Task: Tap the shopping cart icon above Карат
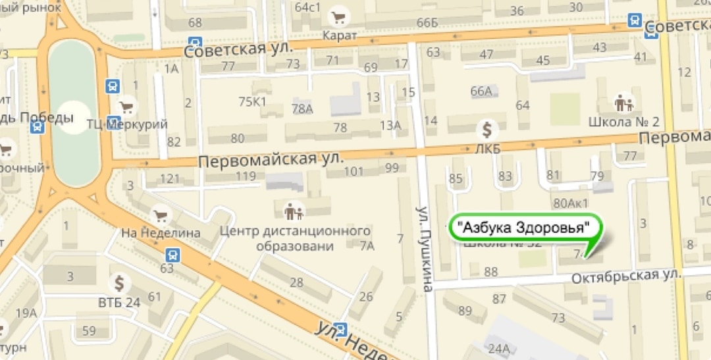click(x=340, y=16)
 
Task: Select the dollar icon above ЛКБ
click(x=488, y=129)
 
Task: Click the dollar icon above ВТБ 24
click(x=119, y=284)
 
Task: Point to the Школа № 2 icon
click(x=623, y=103)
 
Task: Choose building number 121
click(x=170, y=178)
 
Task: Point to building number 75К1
click(x=252, y=101)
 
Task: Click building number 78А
click(x=302, y=109)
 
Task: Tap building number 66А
click(x=482, y=91)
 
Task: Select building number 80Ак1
click(x=571, y=203)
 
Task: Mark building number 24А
click(x=499, y=347)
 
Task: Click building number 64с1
click(x=307, y=8)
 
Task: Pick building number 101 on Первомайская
click(x=354, y=171)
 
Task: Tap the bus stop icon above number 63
click(x=172, y=253)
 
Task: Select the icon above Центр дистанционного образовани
click(x=294, y=211)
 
